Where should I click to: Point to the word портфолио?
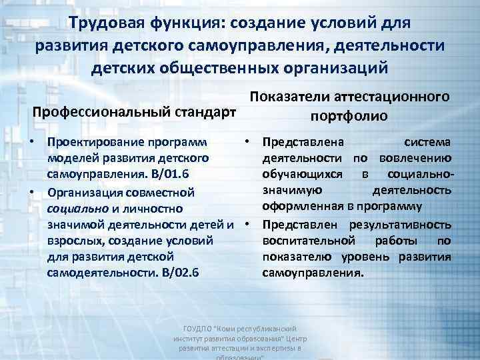point(348,115)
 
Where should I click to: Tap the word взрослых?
point(73,240)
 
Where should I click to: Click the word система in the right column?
point(427,142)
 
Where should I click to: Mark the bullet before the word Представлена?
point(247,142)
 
